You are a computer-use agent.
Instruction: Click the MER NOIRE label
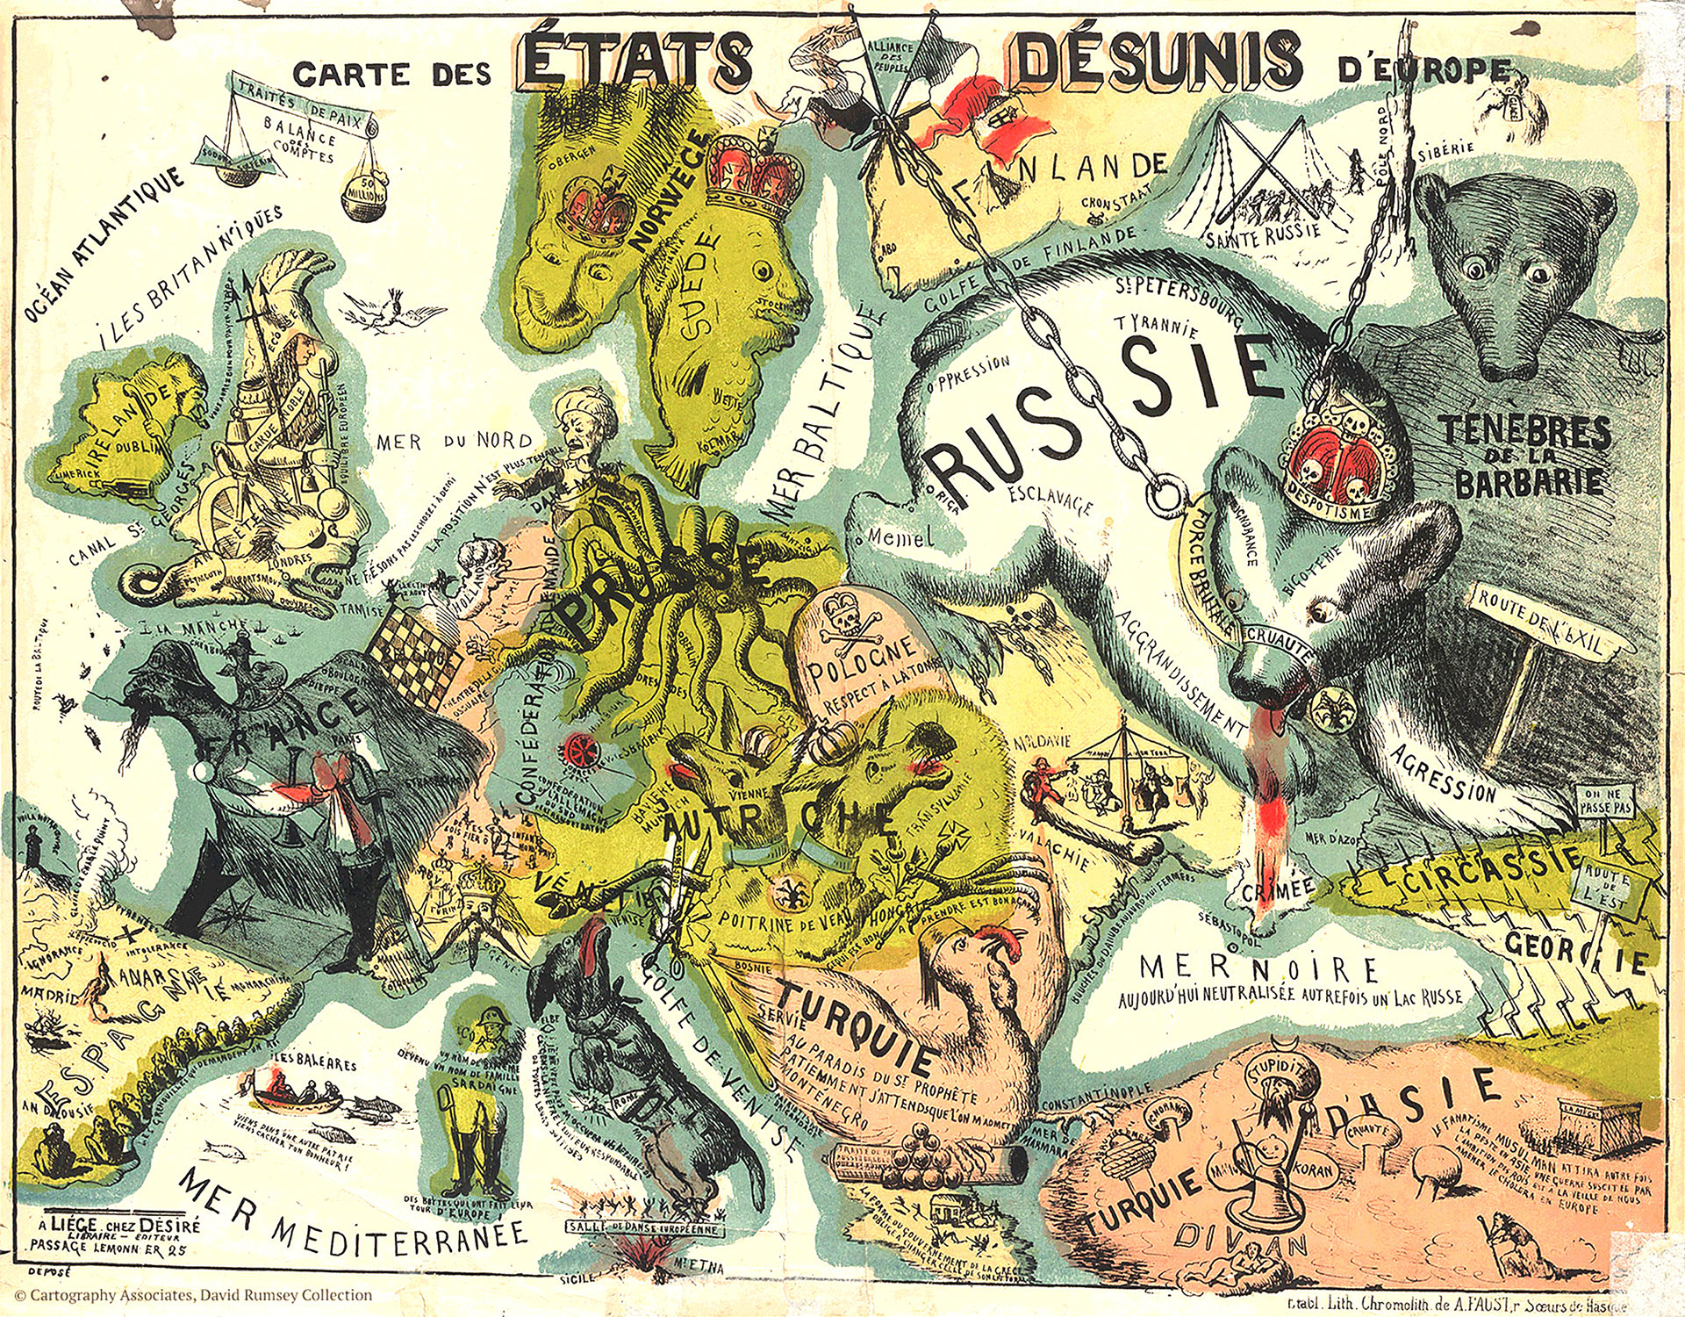[1260, 969]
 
